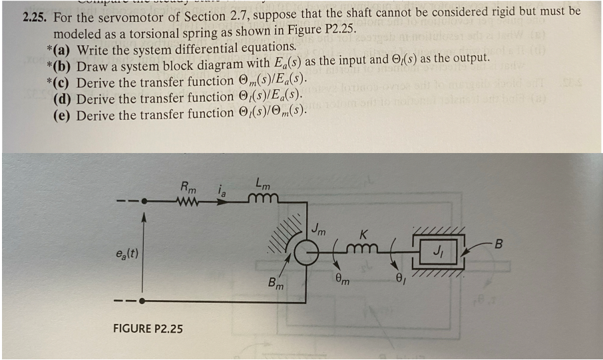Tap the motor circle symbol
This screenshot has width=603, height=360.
[305, 254]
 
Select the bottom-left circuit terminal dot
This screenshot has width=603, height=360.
[142, 301]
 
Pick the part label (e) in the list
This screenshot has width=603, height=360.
[63, 115]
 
